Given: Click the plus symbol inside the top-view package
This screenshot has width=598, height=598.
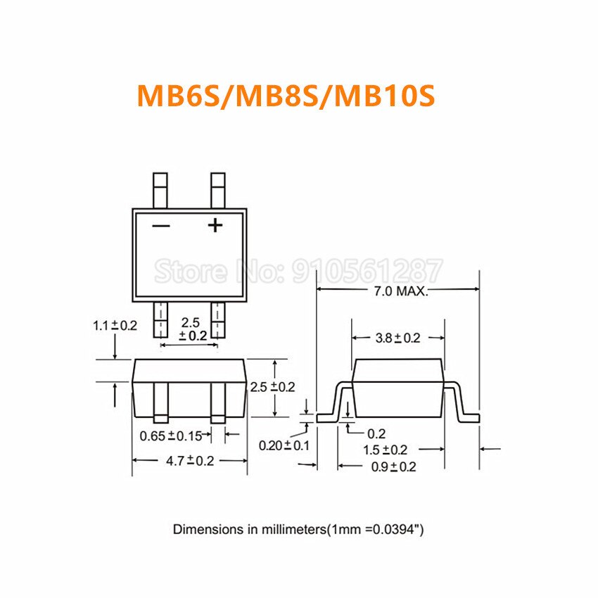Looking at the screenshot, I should [215, 225].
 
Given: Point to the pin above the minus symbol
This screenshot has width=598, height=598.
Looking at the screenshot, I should [161, 190].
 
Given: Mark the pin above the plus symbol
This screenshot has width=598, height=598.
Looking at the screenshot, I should [219, 190].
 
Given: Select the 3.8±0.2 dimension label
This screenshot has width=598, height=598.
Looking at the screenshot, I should [397, 338].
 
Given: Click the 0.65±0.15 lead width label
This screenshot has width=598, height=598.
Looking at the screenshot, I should [170, 435].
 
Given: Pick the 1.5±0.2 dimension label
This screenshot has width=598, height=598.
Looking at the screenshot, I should [385, 450].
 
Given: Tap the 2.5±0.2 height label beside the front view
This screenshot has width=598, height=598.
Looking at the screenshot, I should [272, 386].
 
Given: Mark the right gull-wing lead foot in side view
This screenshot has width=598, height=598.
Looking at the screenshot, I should [469, 417].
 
